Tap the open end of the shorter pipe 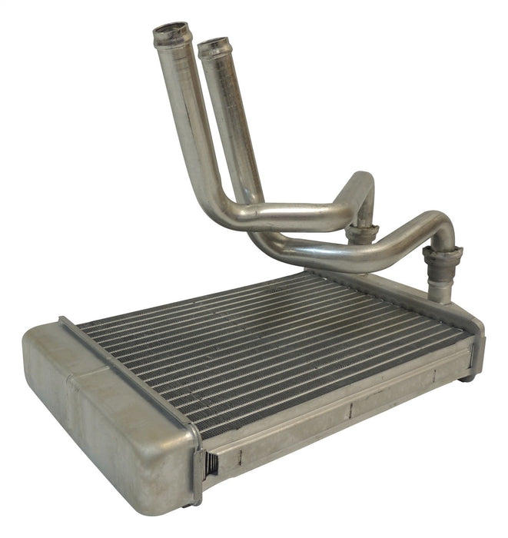tap(214, 47)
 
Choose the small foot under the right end tap(467, 376)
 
